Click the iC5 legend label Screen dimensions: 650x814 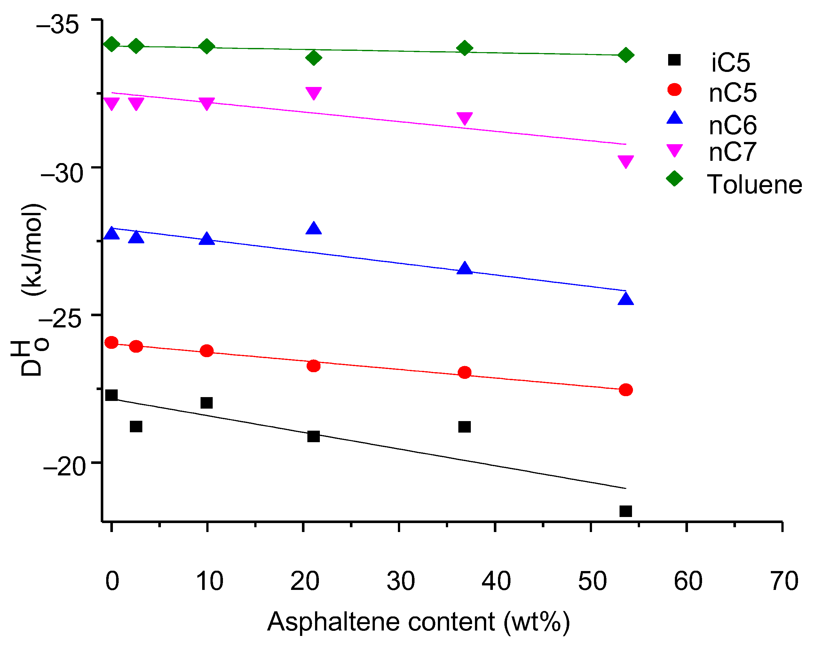pos(730,63)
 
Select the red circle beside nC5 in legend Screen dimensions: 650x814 pos(674,90)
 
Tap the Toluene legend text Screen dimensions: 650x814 pos(754,184)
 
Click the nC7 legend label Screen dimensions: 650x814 pos(732,152)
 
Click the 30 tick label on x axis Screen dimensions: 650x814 pos(400,581)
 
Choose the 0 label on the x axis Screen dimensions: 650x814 pos(112,581)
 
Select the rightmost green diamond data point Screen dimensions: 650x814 pos(626,55)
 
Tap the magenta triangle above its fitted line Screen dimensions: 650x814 pos(313,93)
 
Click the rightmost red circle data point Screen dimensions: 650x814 pos(626,389)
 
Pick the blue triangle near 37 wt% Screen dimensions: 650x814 pos(464,268)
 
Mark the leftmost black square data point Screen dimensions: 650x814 pos(111,395)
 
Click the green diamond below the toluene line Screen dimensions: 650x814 pos(313,58)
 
